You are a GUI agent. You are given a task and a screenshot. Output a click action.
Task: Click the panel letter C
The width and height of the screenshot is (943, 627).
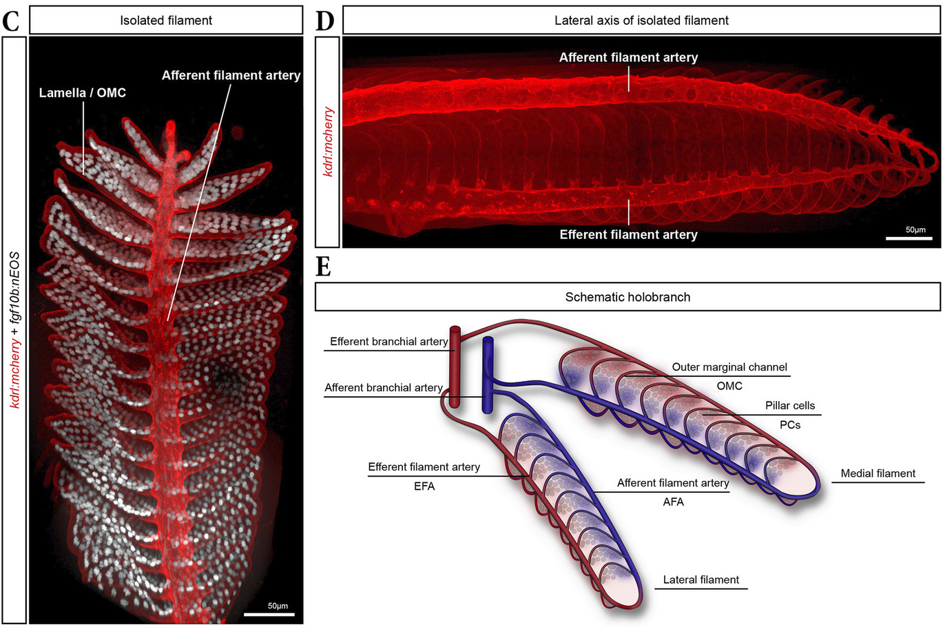point(11,21)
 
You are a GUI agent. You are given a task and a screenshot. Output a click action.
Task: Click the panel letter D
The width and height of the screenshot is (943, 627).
point(324,21)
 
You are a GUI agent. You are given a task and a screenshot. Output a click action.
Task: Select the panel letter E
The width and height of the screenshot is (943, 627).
point(323,266)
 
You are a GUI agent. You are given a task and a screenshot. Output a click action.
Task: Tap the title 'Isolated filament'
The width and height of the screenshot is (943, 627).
point(166,21)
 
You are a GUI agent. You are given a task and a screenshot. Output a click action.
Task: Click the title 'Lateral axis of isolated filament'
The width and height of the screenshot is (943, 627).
point(641,21)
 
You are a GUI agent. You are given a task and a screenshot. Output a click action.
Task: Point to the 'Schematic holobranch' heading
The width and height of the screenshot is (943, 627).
point(628,297)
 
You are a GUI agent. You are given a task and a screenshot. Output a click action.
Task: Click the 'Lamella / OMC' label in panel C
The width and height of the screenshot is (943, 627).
point(83,92)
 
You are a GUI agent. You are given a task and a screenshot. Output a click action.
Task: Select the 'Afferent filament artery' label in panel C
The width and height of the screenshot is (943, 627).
point(231,75)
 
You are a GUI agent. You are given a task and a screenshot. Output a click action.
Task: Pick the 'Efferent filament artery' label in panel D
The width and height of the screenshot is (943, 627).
point(628,234)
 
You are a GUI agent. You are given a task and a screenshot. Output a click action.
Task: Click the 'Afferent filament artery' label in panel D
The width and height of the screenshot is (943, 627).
point(628,58)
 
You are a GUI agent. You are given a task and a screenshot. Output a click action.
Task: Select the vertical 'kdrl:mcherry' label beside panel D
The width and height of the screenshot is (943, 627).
point(329,141)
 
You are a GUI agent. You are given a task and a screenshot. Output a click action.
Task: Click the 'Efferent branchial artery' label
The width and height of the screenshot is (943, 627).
point(388,342)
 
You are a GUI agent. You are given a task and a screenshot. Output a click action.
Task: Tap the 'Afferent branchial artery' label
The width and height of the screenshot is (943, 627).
point(383,388)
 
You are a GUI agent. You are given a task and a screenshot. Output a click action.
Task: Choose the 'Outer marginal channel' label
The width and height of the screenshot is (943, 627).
point(729,367)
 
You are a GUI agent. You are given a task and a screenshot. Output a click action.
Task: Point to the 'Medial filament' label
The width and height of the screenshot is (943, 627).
point(878,473)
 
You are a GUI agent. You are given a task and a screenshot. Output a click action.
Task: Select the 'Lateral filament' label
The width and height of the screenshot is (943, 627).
point(701,580)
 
